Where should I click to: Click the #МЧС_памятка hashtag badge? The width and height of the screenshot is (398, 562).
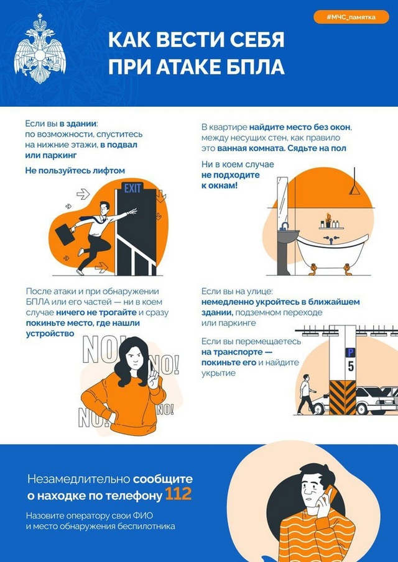pos(351,17)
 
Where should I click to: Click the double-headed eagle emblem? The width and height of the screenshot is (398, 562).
pos(40,53)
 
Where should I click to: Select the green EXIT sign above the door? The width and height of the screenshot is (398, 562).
pos(132,188)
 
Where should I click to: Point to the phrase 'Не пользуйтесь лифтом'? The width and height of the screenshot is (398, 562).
pos(75,170)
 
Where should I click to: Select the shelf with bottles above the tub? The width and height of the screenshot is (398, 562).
pos(330,227)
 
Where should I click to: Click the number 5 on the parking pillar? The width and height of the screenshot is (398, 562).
pos(351,366)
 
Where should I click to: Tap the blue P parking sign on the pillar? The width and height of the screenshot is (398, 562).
pos(351,352)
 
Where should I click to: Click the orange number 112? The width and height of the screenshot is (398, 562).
pos(178,494)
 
